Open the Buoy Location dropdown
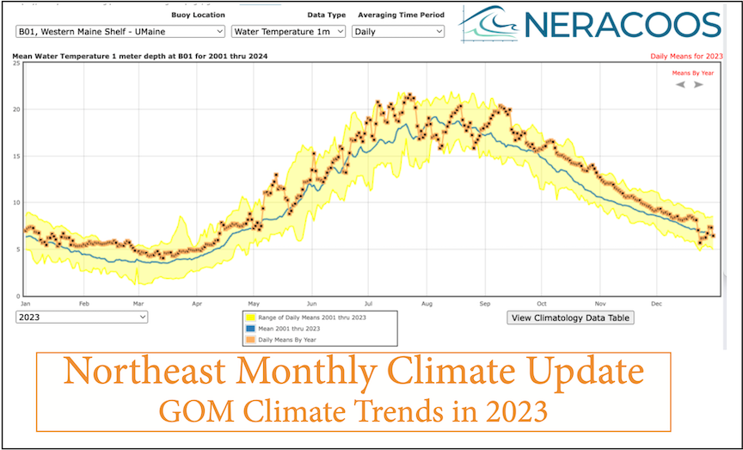[120, 31]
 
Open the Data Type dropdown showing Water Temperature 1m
[289, 31]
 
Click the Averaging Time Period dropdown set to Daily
[398, 31]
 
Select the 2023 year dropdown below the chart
[82, 317]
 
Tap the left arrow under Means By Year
[680, 84]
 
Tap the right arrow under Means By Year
[699, 84]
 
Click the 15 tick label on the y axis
[16, 156]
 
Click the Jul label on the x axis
[369, 303]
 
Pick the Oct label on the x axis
[542, 303]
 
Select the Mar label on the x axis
[138, 303]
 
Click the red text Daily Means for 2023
[686, 57]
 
